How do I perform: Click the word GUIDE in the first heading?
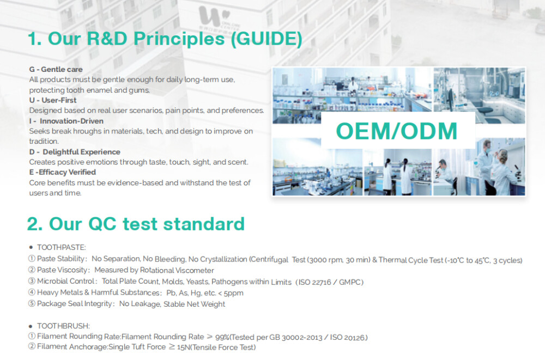267,39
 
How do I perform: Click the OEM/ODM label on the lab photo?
397,131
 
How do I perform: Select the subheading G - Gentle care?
56,69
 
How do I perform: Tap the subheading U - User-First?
53,100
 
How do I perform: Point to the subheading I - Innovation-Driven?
66,121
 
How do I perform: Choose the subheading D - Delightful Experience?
75,152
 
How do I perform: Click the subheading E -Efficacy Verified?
63,172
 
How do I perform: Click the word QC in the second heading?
102,224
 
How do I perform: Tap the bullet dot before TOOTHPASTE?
31,247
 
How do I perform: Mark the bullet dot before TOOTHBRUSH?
31,326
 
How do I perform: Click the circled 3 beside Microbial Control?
32,281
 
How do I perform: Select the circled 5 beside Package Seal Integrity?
32,303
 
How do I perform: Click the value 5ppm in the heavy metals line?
234,293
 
